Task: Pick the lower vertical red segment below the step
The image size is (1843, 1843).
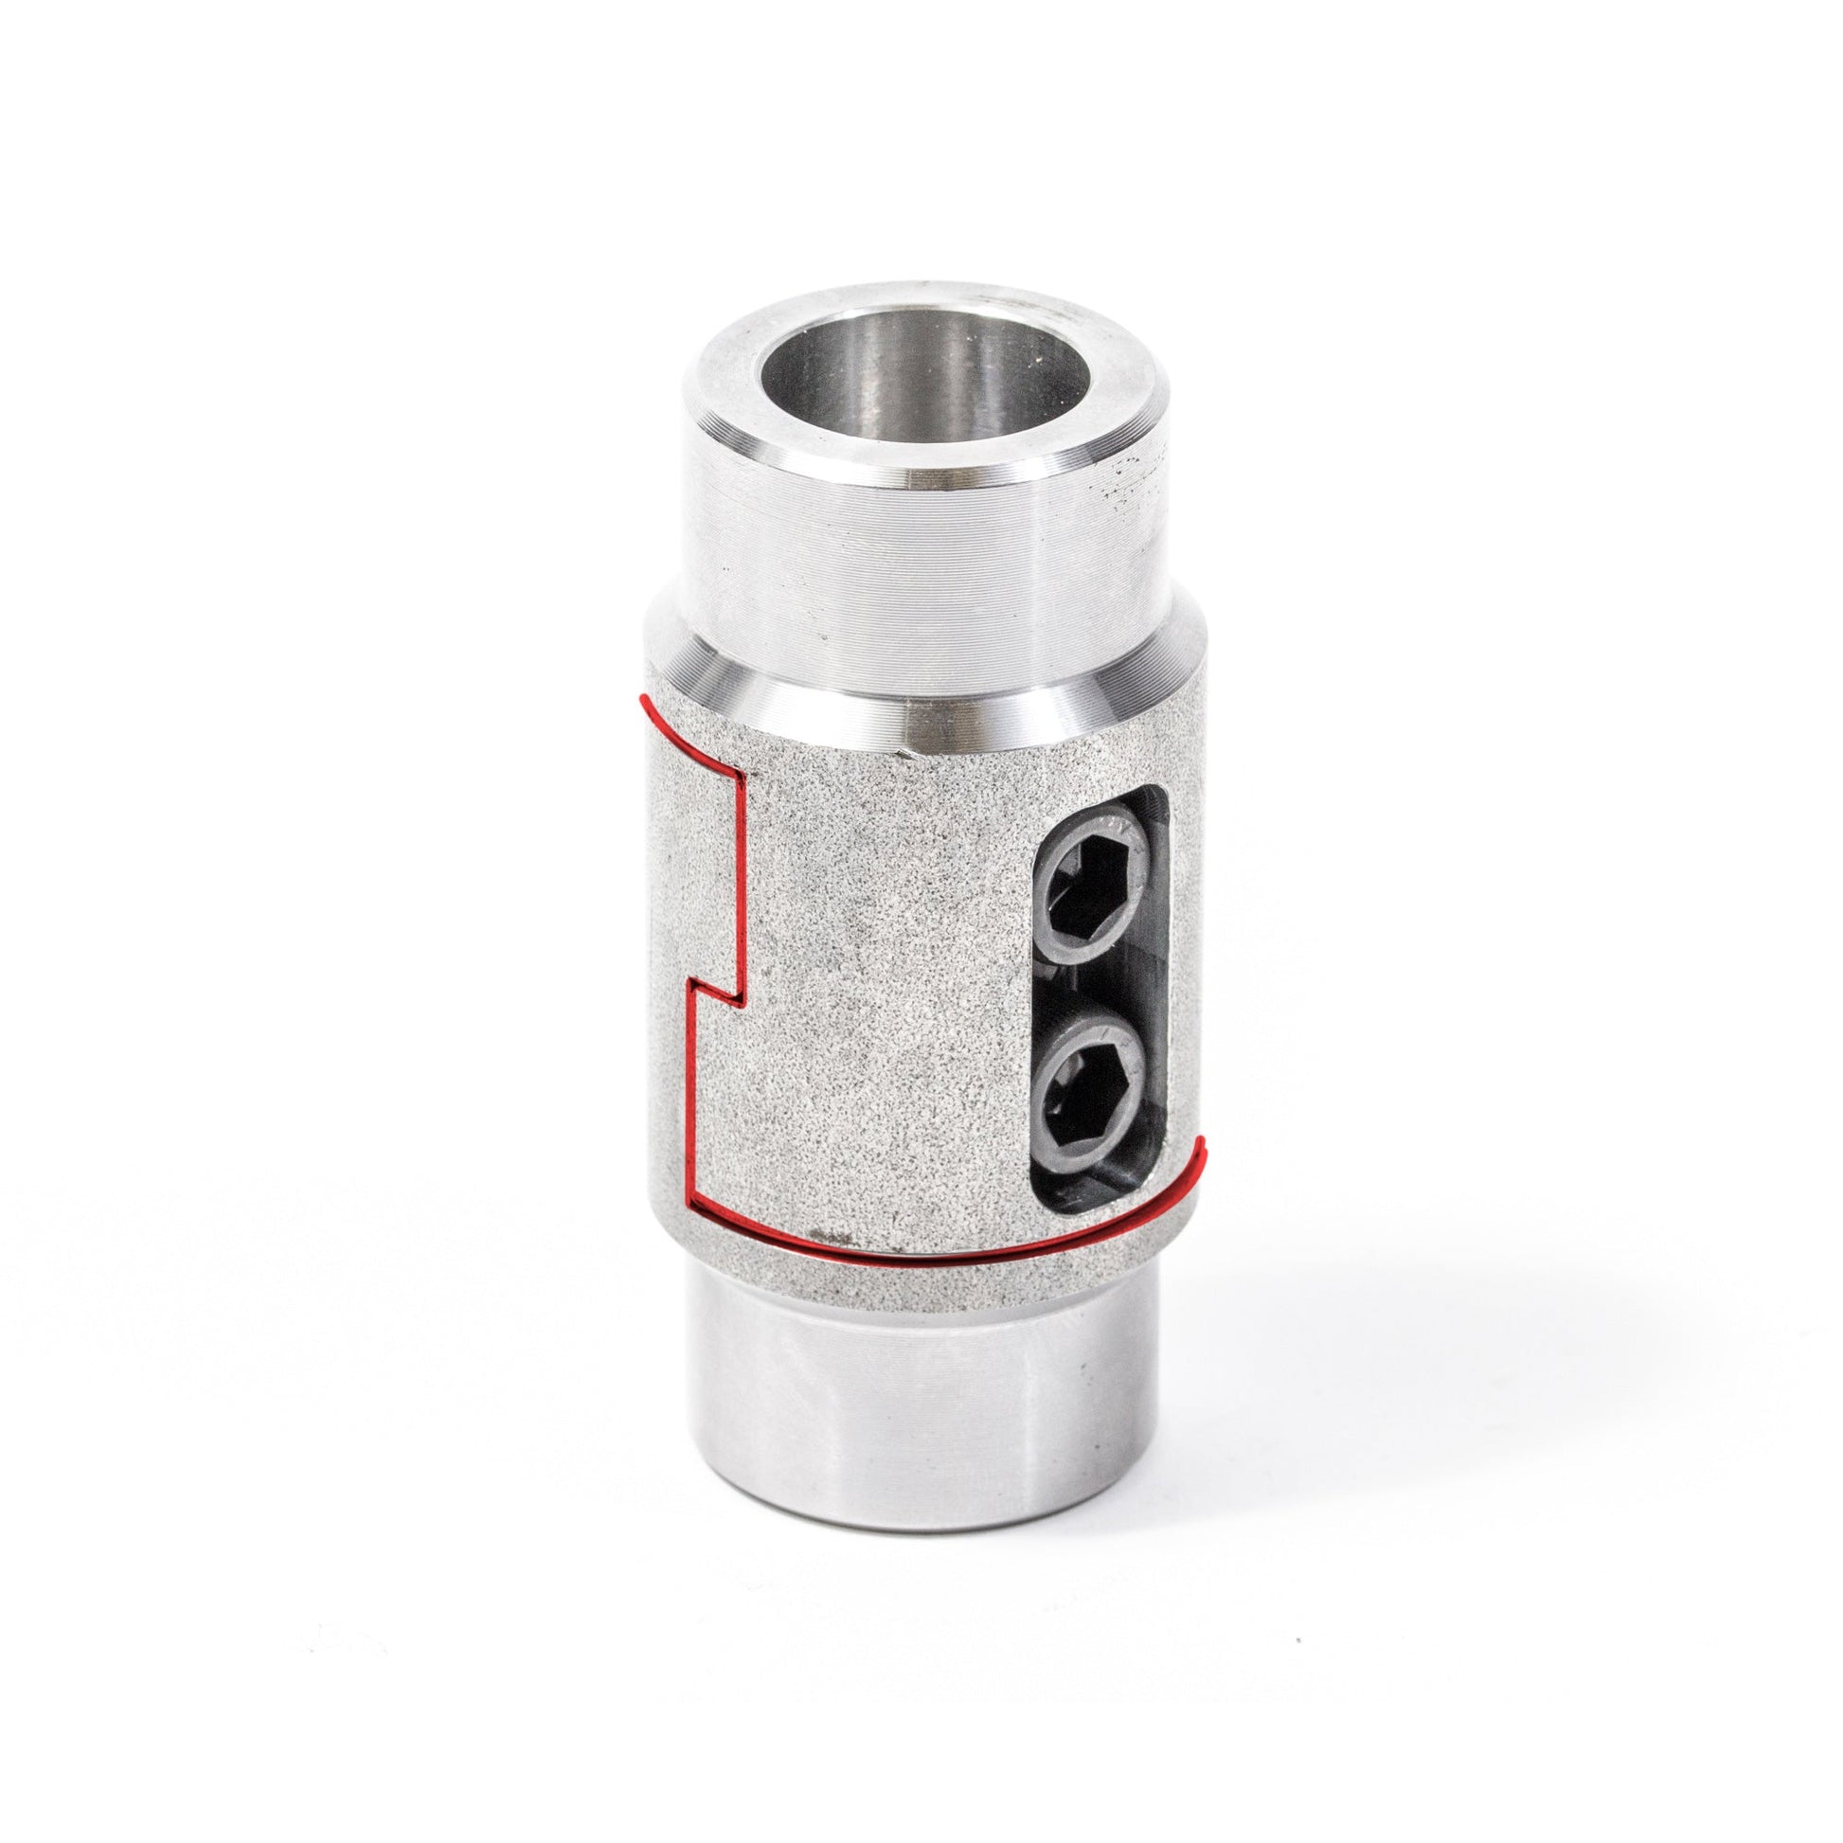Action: click(x=689, y=1097)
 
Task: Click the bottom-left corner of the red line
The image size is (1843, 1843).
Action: click(x=690, y=1204)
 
